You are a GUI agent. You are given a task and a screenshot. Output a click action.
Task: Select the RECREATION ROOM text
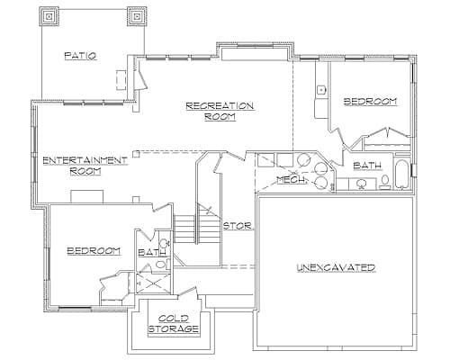220,111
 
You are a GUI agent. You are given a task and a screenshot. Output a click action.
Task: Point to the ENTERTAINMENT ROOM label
85,165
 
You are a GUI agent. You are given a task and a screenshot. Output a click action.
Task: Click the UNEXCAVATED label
336,268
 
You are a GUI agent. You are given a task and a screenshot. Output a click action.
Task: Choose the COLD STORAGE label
178,324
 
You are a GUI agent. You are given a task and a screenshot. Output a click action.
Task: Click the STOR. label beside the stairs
237,225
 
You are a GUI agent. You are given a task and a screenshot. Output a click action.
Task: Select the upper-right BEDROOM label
370,103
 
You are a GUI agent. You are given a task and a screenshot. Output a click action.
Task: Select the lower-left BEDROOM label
94,250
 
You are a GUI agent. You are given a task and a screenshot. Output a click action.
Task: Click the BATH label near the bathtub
367,165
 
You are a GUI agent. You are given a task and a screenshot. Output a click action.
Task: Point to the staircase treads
185,226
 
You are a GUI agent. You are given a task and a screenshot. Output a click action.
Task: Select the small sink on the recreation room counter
320,90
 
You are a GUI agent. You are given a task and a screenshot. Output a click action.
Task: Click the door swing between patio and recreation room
139,79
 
